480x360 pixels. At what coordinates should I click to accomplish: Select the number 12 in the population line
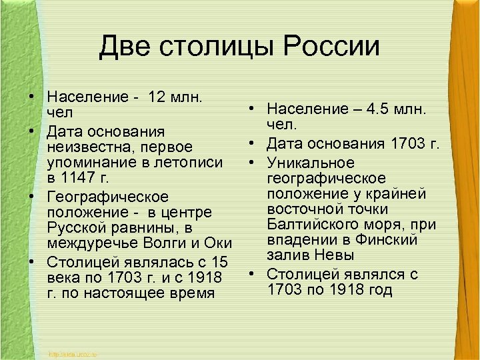tap(163, 97)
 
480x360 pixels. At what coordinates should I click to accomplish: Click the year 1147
tap(82, 179)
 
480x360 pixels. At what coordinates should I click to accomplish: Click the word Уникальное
tap(311, 163)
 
